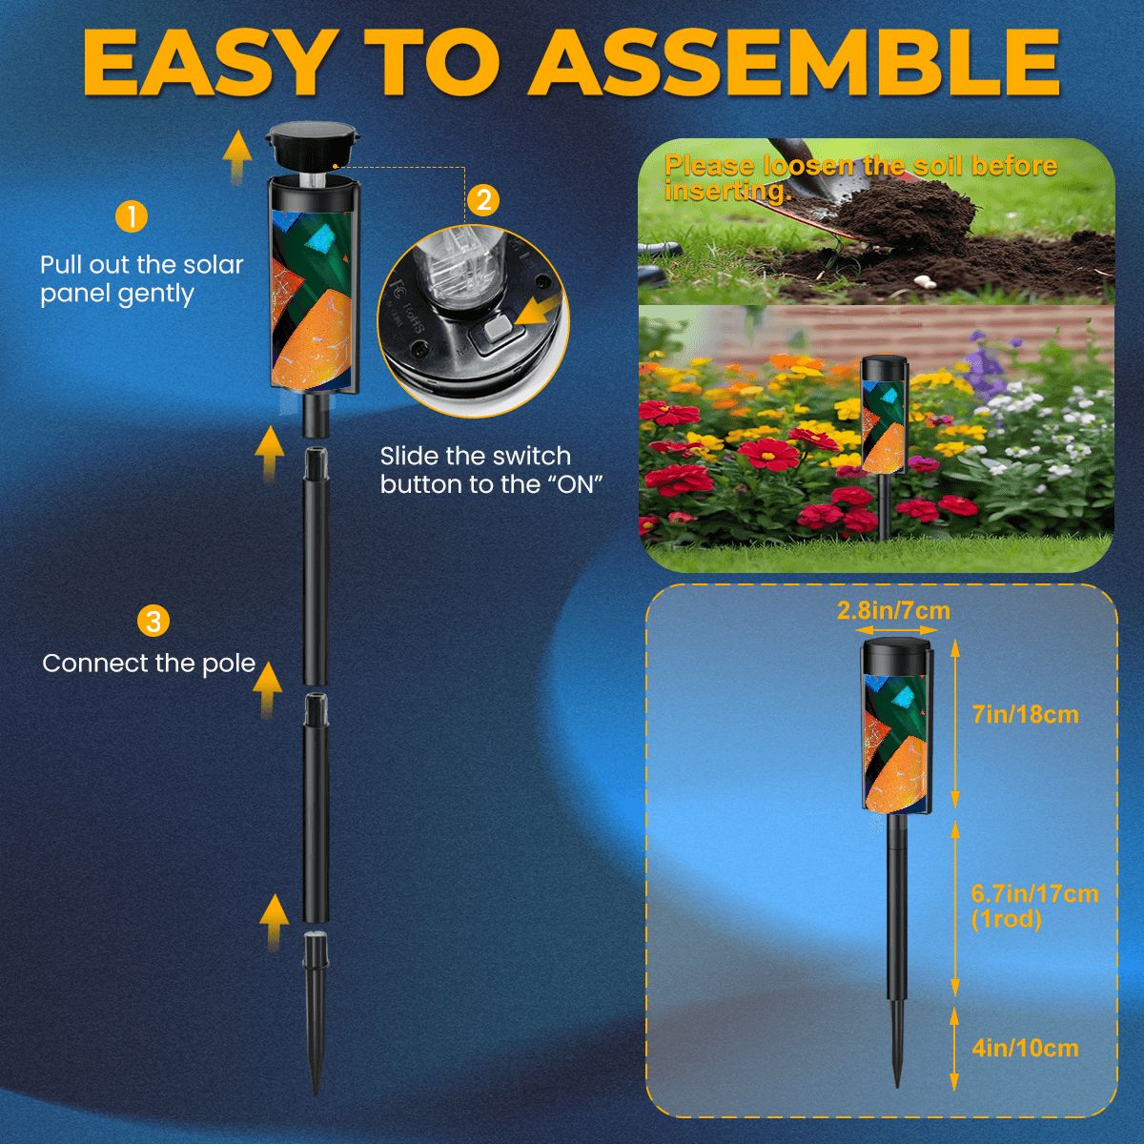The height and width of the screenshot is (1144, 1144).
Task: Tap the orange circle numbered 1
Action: point(131,216)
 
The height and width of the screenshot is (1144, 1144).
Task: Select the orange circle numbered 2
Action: point(483,199)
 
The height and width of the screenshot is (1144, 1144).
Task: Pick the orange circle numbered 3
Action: point(153,622)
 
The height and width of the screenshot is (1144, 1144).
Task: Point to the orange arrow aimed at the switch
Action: point(540,312)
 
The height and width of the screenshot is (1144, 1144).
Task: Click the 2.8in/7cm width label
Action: point(893,610)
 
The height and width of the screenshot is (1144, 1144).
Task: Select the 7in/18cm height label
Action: point(1026,714)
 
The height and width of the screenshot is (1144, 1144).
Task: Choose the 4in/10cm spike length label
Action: point(1026,1048)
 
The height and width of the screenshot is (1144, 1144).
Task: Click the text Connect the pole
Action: point(149,664)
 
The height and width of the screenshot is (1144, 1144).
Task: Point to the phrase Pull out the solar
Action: point(141,265)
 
